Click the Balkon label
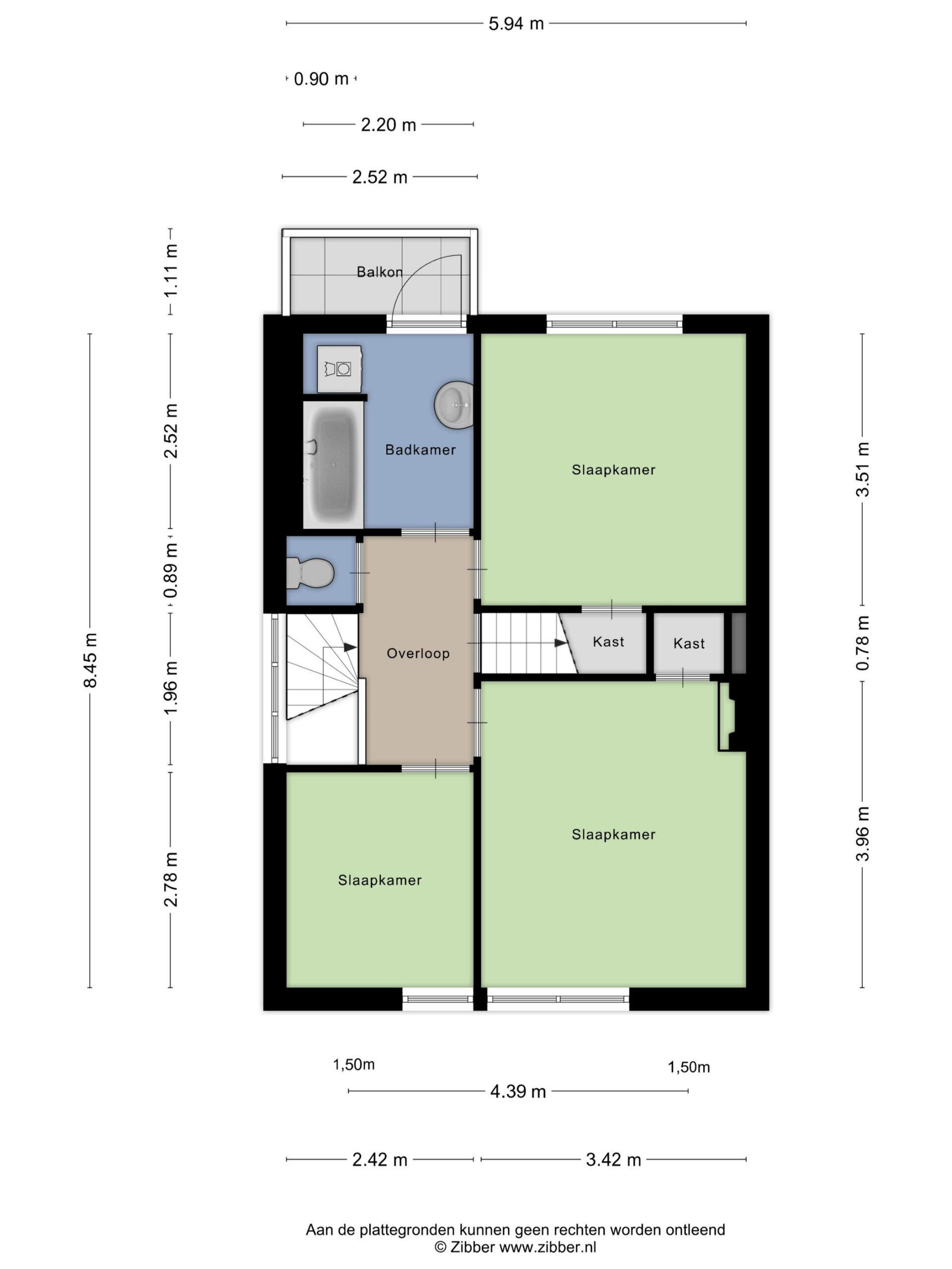click(379, 272)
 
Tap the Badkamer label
click(420, 450)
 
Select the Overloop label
click(418, 653)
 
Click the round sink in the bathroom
click(453, 405)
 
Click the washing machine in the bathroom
click(339, 369)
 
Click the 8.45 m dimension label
click(90, 660)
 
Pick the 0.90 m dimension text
click(321, 79)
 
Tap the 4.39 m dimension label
click(518, 1091)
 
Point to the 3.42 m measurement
click(613, 1160)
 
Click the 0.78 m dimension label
click(862, 643)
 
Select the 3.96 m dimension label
click(862, 834)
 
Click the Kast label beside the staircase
click(608, 642)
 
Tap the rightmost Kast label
click(689, 644)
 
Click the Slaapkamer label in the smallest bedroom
click(379, 880)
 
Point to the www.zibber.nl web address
click(547, 1247)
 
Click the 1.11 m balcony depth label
click(171, 271)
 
